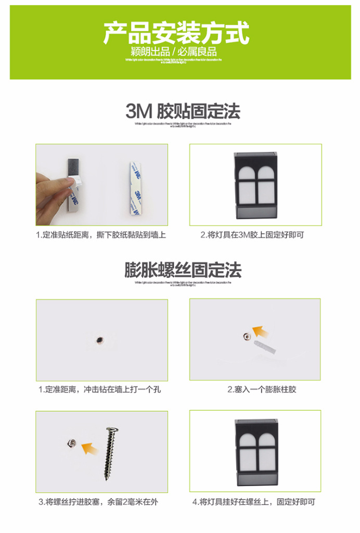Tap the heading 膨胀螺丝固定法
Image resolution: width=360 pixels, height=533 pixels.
coord(183,270)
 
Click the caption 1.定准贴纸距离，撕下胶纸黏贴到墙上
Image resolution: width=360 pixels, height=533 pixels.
coord(101,235)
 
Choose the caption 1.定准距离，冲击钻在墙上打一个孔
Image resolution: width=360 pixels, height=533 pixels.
coord(100,389)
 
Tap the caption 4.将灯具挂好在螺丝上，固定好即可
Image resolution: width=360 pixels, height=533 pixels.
coord(254,502)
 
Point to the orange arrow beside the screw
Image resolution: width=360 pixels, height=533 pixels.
coord(91,447)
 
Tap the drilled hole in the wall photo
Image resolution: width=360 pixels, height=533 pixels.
coord(99,340)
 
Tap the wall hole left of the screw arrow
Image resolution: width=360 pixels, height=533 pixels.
coord(70,443)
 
